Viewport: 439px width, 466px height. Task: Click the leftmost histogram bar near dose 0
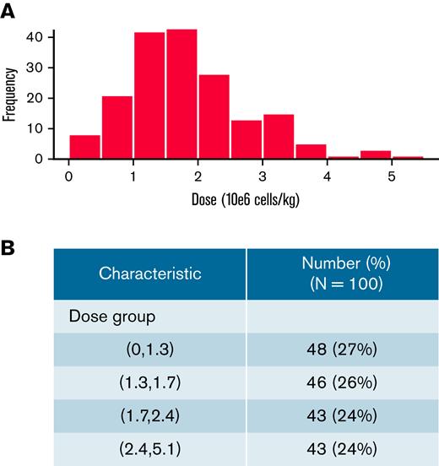coord(84,146)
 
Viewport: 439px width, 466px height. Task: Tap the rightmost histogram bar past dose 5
coord(409,156)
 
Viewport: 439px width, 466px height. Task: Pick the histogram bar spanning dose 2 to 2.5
coord(214,116)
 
